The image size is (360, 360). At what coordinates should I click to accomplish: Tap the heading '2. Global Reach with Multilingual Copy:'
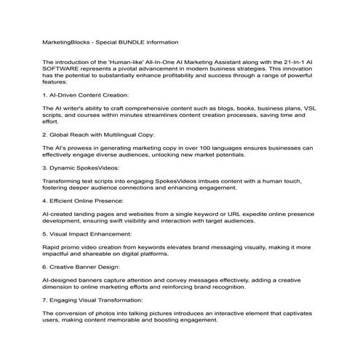click(97, 135)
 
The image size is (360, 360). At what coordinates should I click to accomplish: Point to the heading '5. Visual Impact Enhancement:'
click(88, 234)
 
